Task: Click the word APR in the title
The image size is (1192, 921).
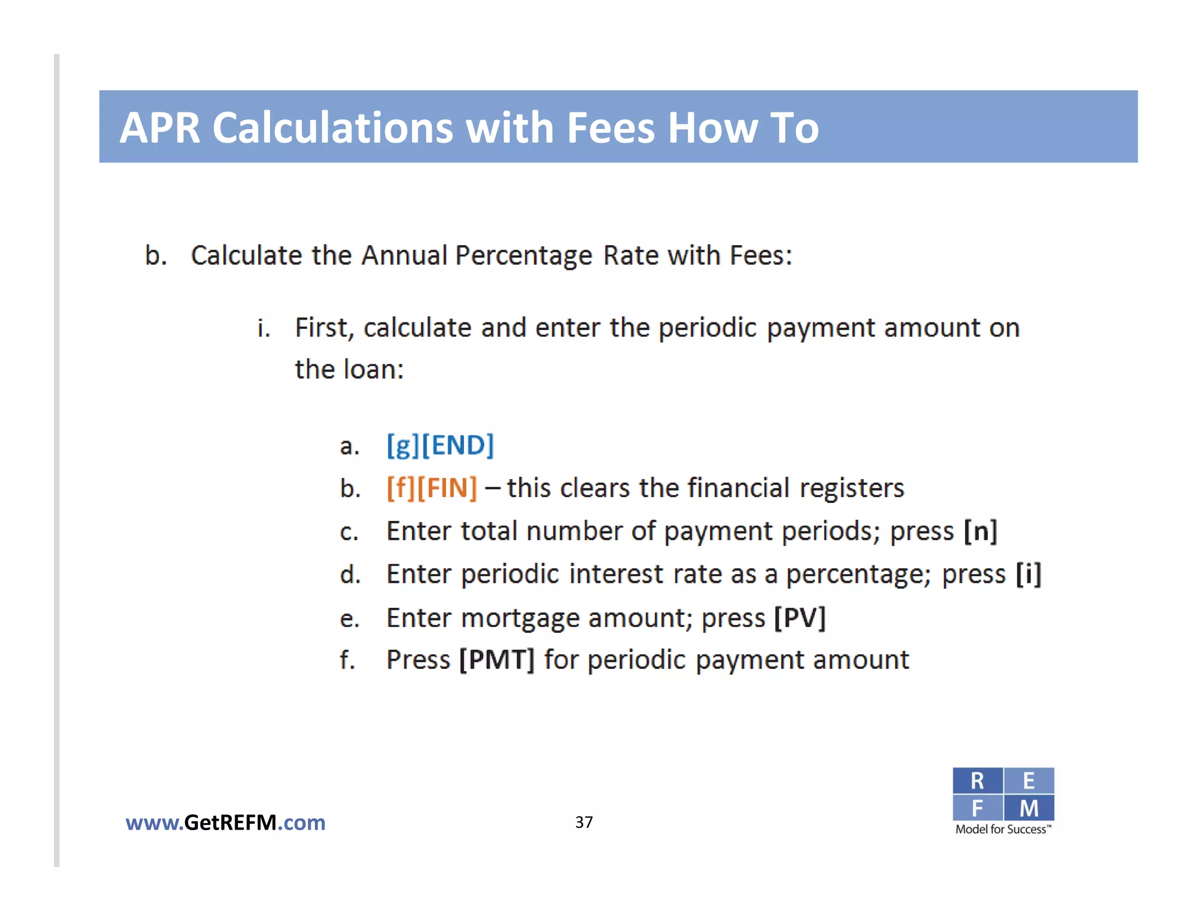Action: (x=160, y=127)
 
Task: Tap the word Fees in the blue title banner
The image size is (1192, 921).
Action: (x=611, y=127)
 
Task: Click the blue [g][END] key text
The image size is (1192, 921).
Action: (x=440, y=445)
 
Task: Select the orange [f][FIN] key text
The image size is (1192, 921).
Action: (x=432, y=488)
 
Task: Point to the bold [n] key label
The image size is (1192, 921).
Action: (x=980, y=531)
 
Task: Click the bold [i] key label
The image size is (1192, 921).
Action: (x=1028, y=574)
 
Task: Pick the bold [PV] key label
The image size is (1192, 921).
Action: (x=800, y=618)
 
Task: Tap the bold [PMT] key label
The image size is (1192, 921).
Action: (x=496, y=660)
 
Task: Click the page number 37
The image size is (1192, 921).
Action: (x=584, y=822)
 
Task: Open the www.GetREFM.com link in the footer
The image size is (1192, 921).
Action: (x=225, y=823)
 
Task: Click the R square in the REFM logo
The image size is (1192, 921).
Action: (x=977, y=781)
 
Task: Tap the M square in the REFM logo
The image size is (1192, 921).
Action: (x=1029, y=808)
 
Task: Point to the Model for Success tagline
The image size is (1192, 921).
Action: (x=1003, y=829)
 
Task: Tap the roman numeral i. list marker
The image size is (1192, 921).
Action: (x=264, y=328)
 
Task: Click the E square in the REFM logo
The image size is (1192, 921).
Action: (x=1029, y=781)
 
